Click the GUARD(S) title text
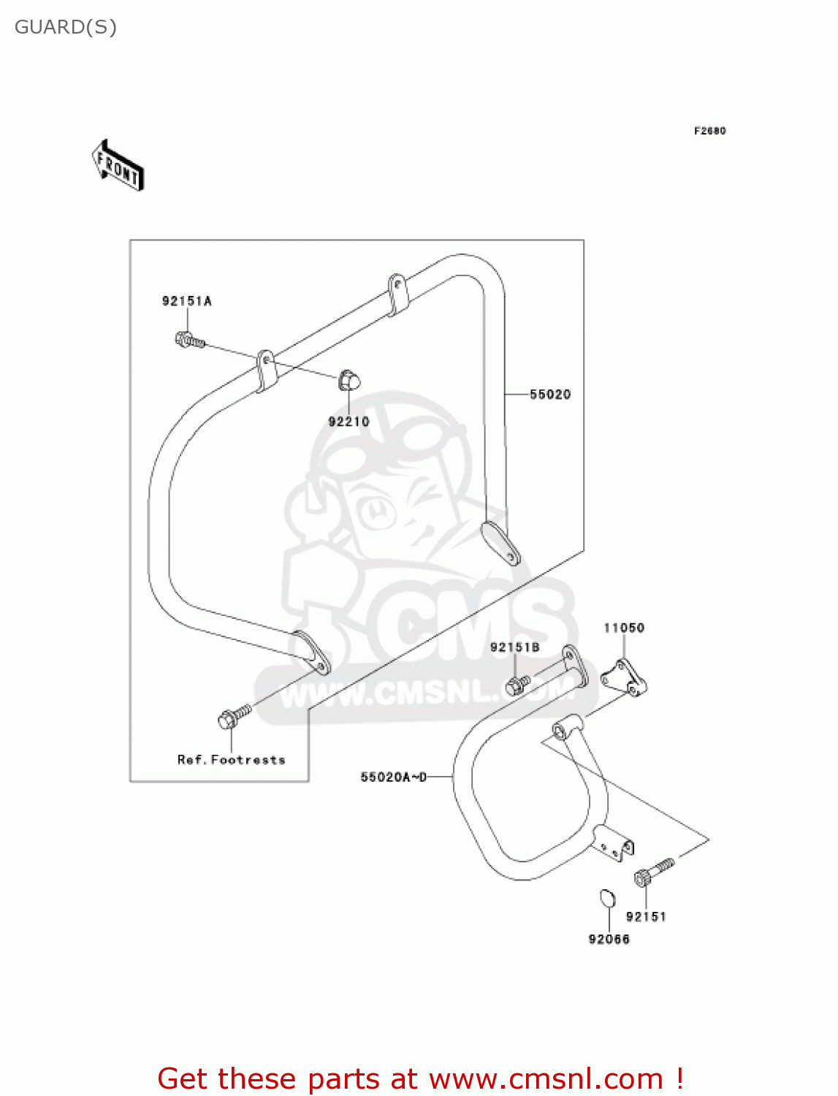tap(66, 27)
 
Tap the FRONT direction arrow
tap(118, 166)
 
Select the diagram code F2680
tap(709, 131)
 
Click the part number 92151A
tap(186, 301)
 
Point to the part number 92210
tap(348, 422)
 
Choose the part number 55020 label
tap(550, 395)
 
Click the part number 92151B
tap(514, 647)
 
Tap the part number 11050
tap(624, 628)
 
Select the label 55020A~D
tap(393, 777)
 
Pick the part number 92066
tap(609, 939)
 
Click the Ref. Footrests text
tap(231, 760)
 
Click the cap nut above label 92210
tap(349, 381)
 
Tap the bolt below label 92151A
tap(189, 340)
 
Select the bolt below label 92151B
tap(517, 685)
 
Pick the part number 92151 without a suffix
tap(646, 916)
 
